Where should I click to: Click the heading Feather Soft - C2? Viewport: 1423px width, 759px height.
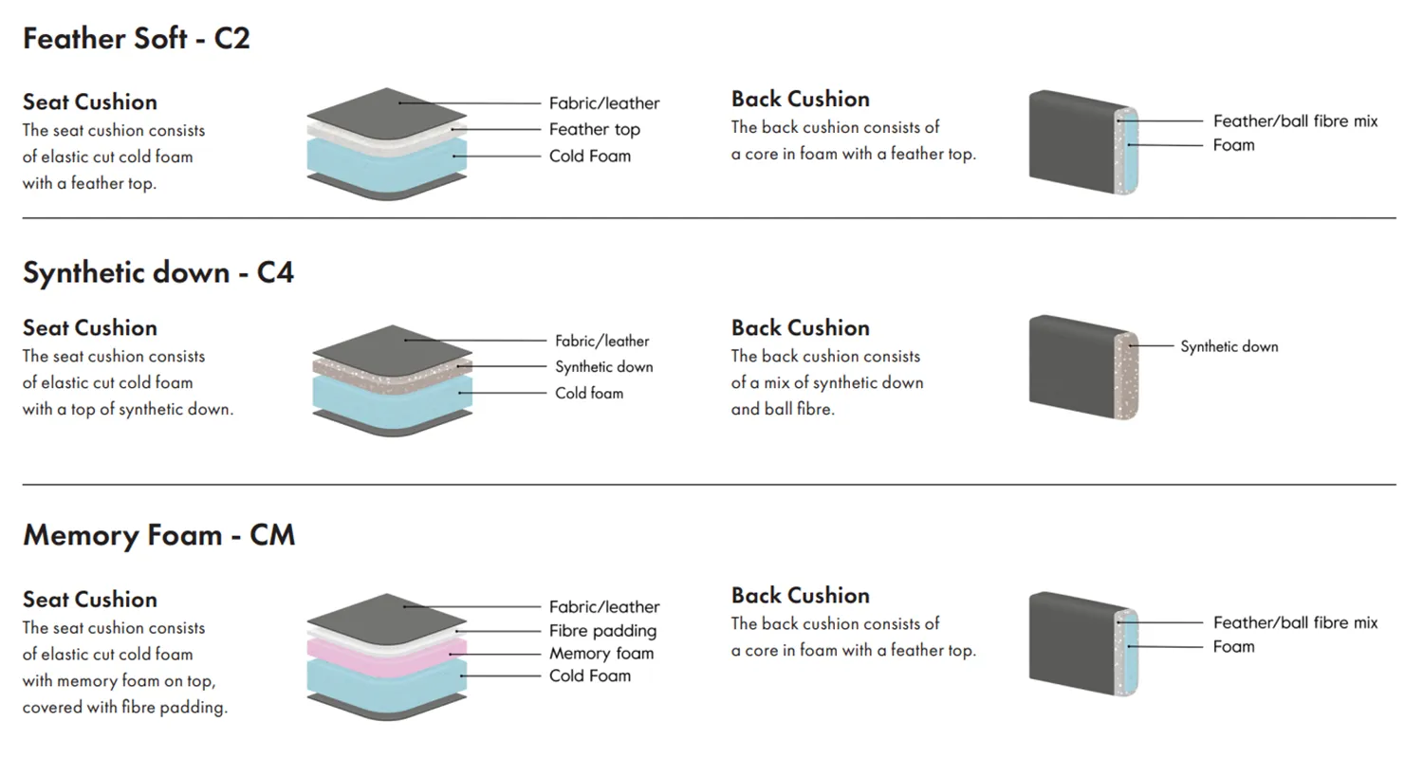point(137,40)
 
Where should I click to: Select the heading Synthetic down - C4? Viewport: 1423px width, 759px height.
point(158,273)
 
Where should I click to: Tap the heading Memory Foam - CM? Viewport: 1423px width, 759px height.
point(158,535)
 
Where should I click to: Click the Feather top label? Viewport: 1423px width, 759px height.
point(595,130)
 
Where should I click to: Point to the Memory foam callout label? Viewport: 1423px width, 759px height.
point(601,654)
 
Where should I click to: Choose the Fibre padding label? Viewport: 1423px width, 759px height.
point(603,631)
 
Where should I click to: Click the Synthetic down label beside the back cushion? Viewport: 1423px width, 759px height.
point(1229,347)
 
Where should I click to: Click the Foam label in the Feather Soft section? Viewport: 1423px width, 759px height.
point(1233,145)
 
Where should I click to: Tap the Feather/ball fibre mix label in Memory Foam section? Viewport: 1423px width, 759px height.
point(1295,623)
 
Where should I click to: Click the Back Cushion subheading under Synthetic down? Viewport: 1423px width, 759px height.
point(800,328)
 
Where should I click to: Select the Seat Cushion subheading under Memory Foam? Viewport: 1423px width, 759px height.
point(90,600)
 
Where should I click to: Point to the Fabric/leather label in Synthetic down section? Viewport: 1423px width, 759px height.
point(602,341)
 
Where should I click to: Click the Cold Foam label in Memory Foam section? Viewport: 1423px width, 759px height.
point(590,676)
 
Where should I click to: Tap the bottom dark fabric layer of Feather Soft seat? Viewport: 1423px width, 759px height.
point(387,188)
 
